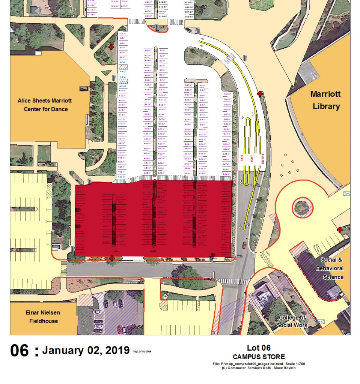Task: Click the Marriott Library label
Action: (x=325, y=100)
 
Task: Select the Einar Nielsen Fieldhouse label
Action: (x=42, y=317)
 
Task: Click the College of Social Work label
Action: (x=292, y=322)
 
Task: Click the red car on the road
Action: (x=244, y=246)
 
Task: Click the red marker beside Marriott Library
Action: (x=259, y=93)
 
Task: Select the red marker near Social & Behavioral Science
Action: (x=339, y=229)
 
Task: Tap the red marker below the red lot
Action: (x=111, y=258)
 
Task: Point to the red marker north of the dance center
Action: (x=111, y=47)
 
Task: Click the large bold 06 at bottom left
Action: (x=20, y=351)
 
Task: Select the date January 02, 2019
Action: (x=86, y=350)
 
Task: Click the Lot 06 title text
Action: (x=259, y=348)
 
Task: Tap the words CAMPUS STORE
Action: (x=259, y=357)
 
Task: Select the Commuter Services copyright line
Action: (x=259, y=368)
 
